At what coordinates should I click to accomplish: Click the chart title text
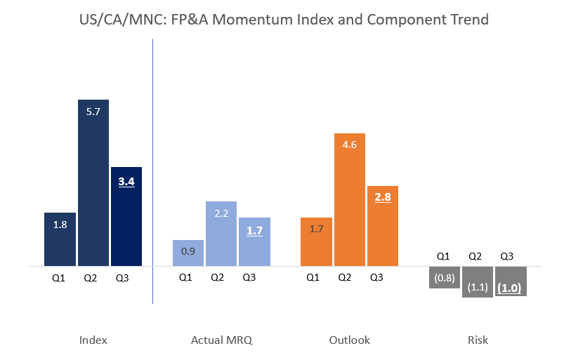tap(284, 20)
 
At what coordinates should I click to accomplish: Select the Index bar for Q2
tap(93, 182)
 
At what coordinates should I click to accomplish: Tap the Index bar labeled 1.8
tap(60, 239)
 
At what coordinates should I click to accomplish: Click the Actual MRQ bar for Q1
tap(188, 253)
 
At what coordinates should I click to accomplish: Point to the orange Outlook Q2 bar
tap(349, 199)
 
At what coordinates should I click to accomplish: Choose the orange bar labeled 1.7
tap(316, 241)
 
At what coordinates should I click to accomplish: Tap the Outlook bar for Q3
tap(383, 226)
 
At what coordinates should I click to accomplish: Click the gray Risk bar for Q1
tap(445, 277)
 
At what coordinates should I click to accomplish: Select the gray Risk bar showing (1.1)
tap(478, 282)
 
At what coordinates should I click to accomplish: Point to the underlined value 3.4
tap(126, 182)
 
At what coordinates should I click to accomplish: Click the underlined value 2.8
tap(383, 197)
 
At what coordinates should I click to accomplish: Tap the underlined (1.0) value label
tap(511, 288)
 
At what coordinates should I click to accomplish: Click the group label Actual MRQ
tap(221, 340)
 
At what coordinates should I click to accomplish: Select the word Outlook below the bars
tap(349, 340)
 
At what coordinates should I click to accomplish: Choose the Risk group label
tap(478, 340)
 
